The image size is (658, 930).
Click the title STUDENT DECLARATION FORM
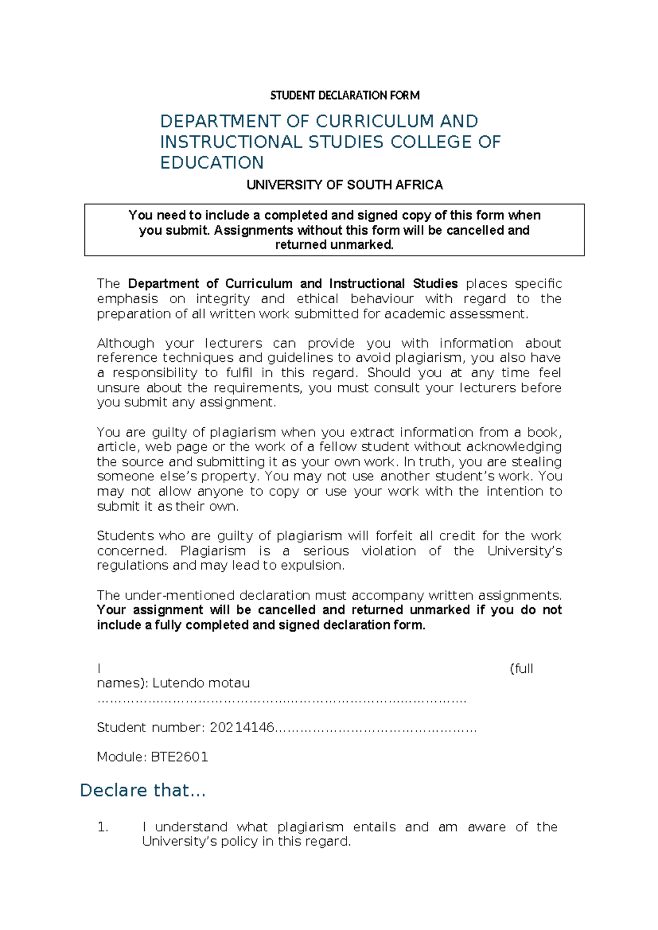tap(345, 95)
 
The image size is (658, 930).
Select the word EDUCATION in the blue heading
tap(212, 163)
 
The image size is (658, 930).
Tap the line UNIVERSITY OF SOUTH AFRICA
tap(344, 185)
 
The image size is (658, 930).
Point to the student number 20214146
tap(242, 728)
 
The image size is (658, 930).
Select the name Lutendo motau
tap(201, 683)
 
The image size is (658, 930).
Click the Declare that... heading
tap(143, 790)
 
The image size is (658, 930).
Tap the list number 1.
tap(103, 827)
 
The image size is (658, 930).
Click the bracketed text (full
tap(521, 668)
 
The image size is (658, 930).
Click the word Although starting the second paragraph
tap(125, 343)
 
